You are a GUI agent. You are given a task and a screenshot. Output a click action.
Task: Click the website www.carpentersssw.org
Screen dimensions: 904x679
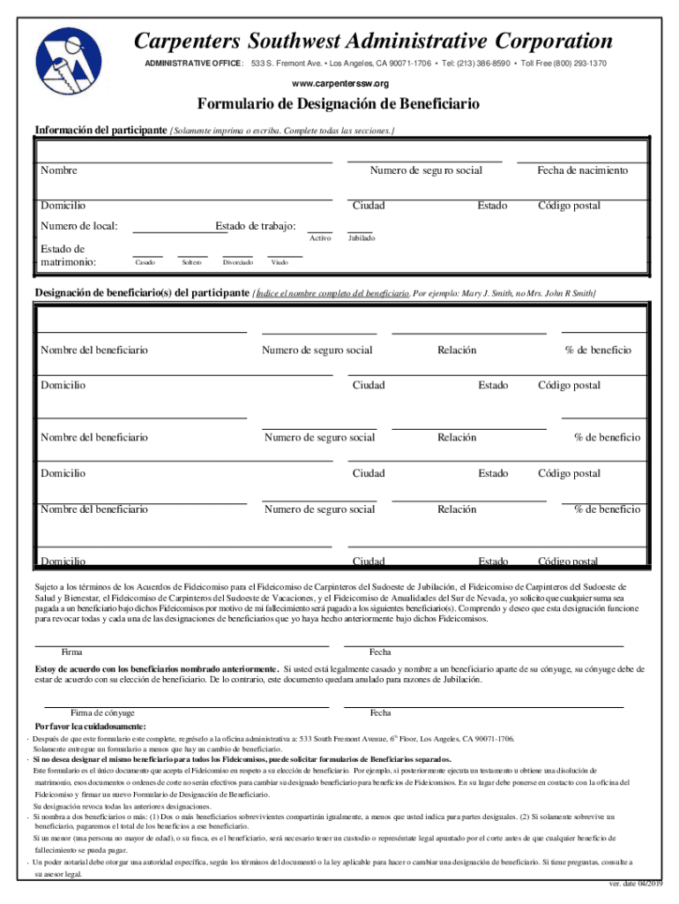[x=339, y=83]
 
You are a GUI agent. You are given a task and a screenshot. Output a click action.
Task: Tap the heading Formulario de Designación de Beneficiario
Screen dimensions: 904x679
[x=339, y=105]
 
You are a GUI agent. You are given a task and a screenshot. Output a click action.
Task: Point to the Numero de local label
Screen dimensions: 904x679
[x=79, y=227]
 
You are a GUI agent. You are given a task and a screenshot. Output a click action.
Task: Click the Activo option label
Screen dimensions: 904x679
[x=320, y=238]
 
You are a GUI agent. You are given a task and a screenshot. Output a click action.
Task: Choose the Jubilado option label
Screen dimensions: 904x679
[x=361, y=238]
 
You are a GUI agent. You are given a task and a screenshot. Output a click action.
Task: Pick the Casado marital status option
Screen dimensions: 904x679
[x=145, y=263]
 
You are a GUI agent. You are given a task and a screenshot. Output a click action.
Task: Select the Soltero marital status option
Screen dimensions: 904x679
[x=191, y=263]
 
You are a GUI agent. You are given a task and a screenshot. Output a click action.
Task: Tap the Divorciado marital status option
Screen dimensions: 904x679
[x=238, y=263]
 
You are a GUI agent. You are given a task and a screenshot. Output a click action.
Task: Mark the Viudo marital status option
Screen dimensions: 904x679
[x=280, y=263]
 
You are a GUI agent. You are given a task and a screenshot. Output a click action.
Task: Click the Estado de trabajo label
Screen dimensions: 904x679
[x=256, y=227]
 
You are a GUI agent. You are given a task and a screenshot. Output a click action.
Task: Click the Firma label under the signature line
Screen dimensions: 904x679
[x=71, y=652]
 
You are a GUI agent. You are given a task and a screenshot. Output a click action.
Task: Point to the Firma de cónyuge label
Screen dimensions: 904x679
[x=102, y=712]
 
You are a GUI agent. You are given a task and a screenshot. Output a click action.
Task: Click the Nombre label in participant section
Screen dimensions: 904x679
[x=58, y=170]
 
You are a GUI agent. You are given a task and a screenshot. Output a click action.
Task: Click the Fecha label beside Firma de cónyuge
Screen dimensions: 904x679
[x=381, y=712]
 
